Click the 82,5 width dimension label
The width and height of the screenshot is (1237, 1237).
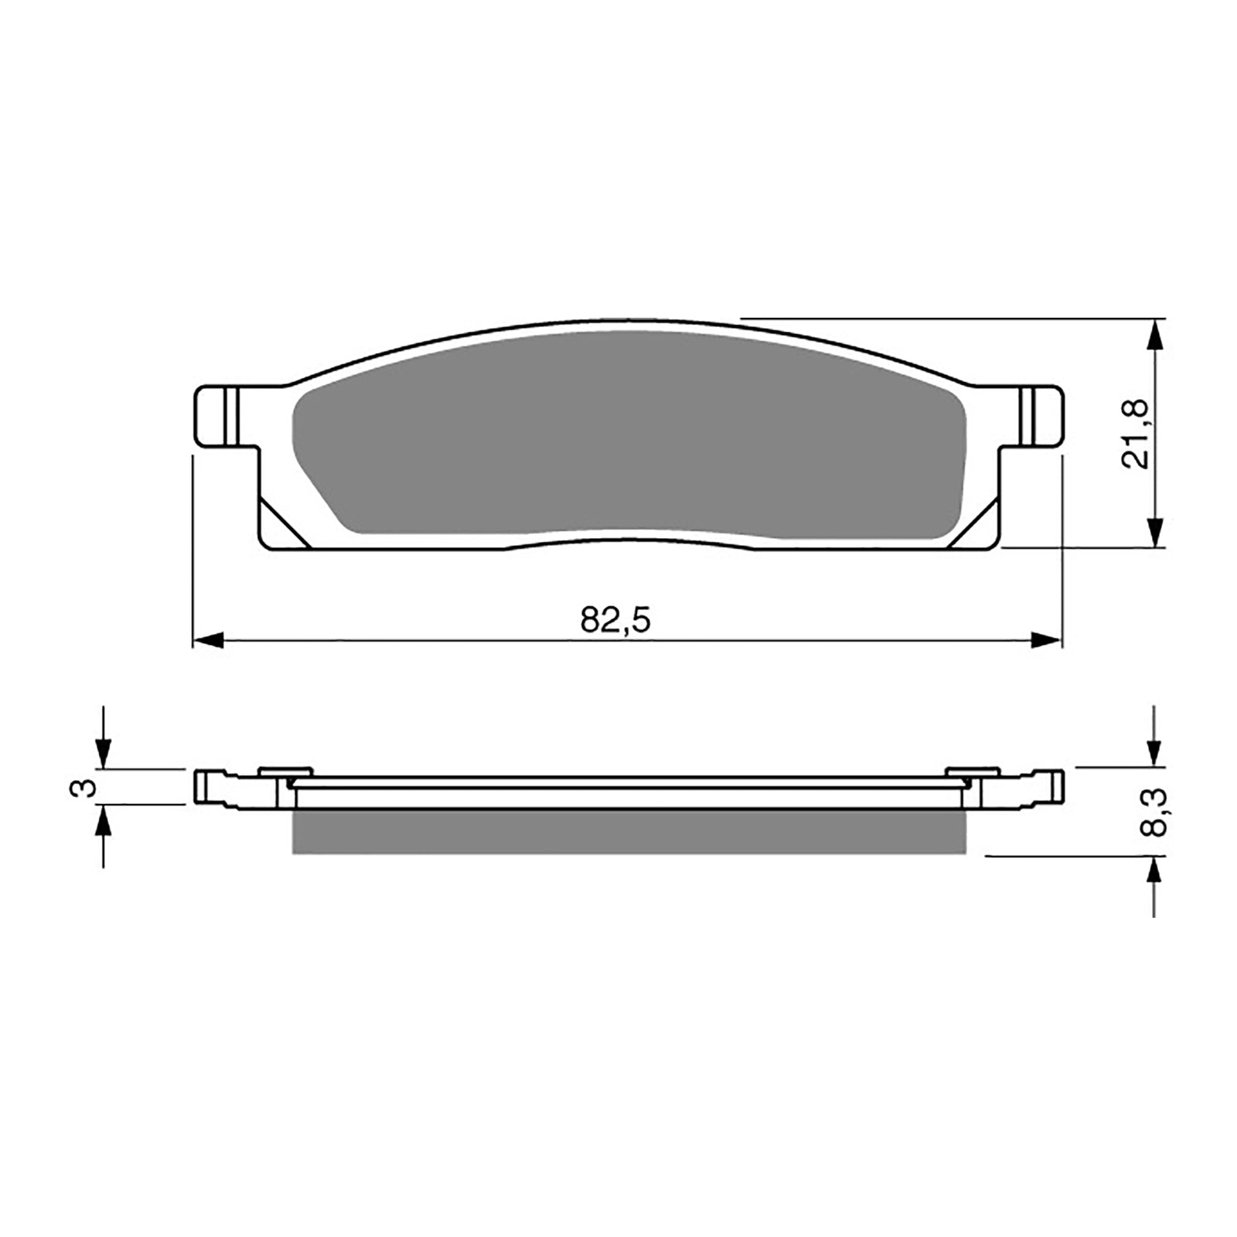616,621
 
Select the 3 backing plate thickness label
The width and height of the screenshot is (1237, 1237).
87,788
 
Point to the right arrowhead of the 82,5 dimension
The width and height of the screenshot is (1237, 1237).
1047,640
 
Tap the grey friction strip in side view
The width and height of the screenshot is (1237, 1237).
628,832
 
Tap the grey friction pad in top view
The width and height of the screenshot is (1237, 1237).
628,433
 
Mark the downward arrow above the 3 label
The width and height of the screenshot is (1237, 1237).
103,751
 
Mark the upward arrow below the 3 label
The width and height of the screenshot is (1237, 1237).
103,824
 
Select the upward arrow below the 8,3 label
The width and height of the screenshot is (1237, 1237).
1154,874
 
